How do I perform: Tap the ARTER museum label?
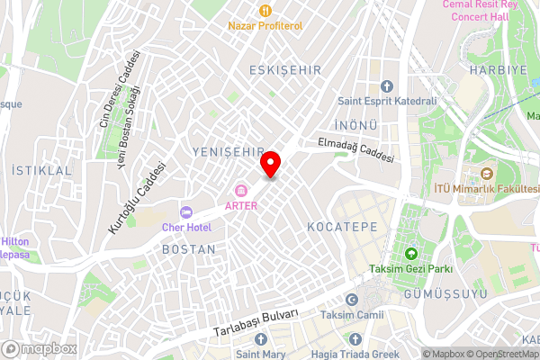point(241,205)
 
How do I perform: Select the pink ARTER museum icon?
point(241,190)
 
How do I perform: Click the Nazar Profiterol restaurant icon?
point(265,11)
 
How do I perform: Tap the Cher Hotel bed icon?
point(186,211)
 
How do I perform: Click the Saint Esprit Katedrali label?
point(386,101)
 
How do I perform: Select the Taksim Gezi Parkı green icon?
point(411,254)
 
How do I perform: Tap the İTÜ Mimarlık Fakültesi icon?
point(487,174)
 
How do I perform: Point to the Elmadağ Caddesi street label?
point(355,150)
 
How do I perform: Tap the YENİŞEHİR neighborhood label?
point(229,152)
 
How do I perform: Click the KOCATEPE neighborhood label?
point(342,226)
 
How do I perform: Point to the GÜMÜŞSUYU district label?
point(447,294)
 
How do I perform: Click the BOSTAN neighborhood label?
point(188,248)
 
